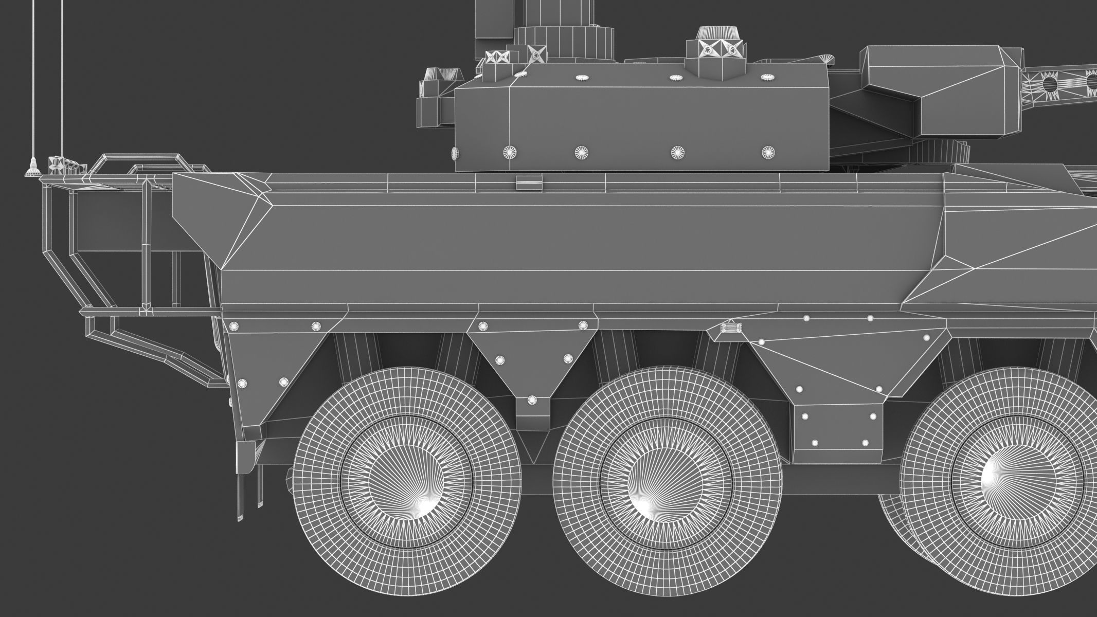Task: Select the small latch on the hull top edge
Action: click(x=529, y=182)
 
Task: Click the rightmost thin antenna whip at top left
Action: click(x=62, y=77)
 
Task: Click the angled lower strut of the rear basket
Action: click(x=154, y=350)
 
